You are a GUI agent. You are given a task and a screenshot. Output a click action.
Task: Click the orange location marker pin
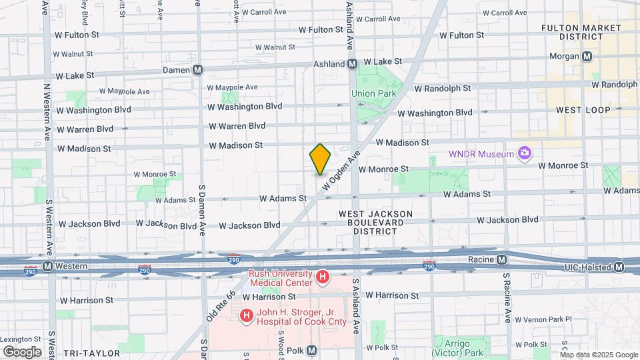[320, 159]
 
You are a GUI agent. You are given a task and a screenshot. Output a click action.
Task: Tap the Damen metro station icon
[197, 70]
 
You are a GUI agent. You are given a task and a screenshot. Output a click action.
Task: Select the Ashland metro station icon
[352, 64]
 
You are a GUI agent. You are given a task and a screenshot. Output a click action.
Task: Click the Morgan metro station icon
[587, 57]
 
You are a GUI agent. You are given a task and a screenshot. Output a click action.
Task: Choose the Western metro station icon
[47, 266]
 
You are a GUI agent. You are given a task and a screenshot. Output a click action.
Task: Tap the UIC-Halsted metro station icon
[619, 267]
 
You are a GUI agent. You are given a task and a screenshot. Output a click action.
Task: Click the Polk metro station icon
[311, 351]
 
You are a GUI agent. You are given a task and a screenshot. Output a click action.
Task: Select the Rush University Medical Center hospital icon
[323, 276]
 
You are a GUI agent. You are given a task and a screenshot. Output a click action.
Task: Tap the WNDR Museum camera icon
[525, 154]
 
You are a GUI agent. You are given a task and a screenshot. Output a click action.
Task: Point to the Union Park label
[373, 93]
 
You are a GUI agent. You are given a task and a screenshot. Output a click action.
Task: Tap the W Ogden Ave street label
[341, 172]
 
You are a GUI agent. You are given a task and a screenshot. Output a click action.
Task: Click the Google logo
[22, 351]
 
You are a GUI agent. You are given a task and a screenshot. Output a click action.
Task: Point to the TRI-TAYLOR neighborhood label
[91, 353]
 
